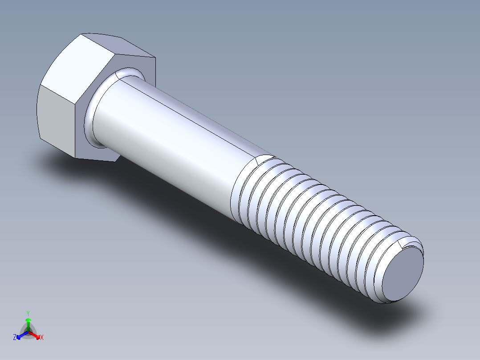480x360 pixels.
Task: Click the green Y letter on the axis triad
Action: click(x=28, y=313)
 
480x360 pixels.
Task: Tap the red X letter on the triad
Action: click(x=42, y=338)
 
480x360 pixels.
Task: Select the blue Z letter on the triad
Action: click(x=15, y=338)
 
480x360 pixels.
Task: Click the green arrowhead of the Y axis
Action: click(x=28, y=320)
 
